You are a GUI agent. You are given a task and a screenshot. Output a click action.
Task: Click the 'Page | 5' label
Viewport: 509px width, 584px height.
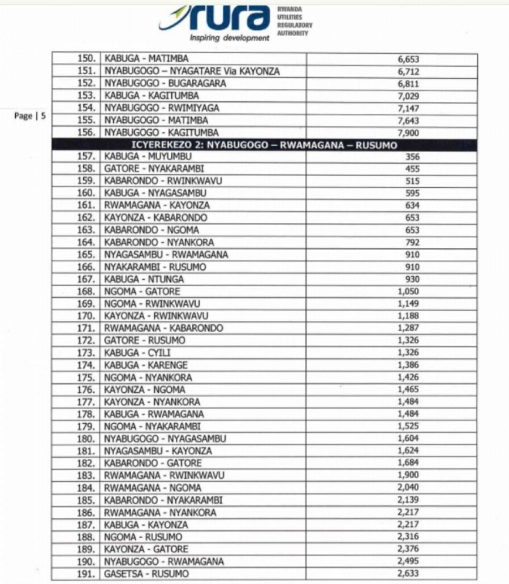point(30,115)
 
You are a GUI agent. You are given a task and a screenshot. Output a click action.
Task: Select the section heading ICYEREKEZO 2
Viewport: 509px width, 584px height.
point(264,145)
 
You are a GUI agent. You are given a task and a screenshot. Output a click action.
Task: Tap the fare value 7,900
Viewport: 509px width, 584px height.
point(408,132)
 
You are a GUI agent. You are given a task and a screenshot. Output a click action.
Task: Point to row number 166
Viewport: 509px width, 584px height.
point(88,267)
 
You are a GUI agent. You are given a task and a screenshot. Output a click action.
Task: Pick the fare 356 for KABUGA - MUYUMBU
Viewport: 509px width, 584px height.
point(412,157)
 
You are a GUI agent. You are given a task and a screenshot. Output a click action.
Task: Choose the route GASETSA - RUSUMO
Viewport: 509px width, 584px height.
point(146,574)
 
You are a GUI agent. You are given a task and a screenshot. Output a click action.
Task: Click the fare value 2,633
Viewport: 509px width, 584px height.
point(408,574)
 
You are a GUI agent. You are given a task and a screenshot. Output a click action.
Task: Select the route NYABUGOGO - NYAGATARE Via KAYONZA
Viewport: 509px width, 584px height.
point(192,71)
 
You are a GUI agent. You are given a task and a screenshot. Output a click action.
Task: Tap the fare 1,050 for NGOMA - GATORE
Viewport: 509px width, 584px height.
point(408,291)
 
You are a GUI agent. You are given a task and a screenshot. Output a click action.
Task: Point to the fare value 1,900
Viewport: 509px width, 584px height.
point(408,475)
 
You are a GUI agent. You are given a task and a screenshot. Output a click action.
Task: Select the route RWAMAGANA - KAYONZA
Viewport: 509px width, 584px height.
point(157,205)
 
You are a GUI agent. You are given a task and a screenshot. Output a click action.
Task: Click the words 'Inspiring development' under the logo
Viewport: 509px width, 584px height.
point(230,38)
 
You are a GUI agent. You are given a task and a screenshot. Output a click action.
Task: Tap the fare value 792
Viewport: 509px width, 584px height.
point(412,242)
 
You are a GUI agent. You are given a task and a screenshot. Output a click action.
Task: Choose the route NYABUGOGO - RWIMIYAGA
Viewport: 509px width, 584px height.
point(162,108)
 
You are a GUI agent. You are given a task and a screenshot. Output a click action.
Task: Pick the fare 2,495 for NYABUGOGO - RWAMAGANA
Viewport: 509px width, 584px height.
point(408,561)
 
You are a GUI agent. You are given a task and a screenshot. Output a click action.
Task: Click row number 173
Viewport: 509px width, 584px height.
point(88,353)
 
